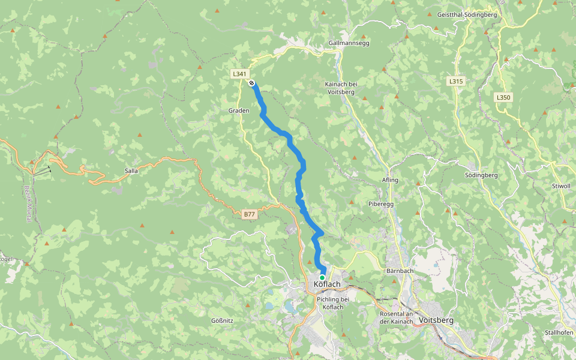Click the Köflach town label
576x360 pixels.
click(327, 284)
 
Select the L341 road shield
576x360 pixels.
click(239, 74)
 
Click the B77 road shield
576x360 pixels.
click(250, 214)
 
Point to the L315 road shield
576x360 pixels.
click(456, 80)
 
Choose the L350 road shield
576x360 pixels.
click(503, 97)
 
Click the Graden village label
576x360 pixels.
click(238, 111)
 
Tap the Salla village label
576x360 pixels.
click(131, 171)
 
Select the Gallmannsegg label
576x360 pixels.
click(349, 43)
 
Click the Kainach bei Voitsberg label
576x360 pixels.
click(341, 88)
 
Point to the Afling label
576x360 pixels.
click(389, 180)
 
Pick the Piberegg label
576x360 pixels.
click(380, 204)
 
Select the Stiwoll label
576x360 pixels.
click(560, 187)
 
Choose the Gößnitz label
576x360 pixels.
click(222, 320)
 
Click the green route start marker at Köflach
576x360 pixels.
click(322, 277)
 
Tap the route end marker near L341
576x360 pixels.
click(252, 83)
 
